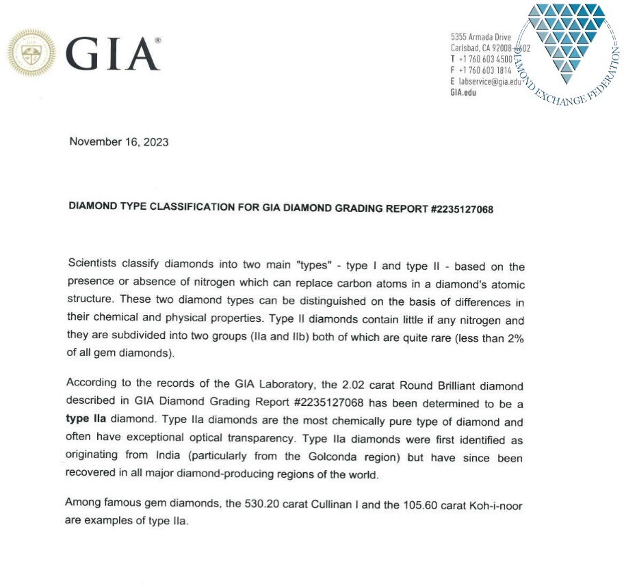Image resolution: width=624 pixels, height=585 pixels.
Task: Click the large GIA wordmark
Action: pos(114,53)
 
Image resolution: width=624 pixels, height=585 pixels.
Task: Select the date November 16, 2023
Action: pos(118,142)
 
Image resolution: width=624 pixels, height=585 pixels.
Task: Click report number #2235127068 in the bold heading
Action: pos(462,210)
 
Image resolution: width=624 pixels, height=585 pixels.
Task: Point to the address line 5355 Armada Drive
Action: pos(480,36)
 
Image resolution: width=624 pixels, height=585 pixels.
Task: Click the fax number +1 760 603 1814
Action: pos(485,70)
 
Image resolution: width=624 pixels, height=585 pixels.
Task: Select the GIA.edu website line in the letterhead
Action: pos(463,92)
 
